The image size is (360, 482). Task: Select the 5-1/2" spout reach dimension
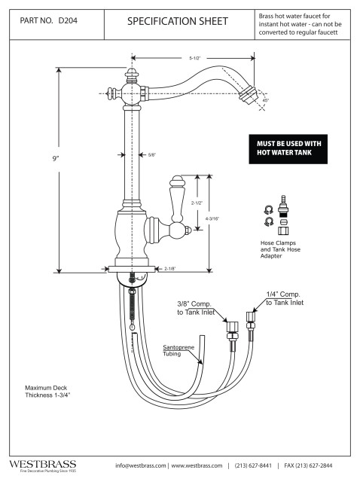tap(194, 57)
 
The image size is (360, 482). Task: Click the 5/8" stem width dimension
tap(151, 155)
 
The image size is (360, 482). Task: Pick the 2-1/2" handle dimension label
tap(197, 203)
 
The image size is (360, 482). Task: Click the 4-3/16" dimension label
tap(212, 218)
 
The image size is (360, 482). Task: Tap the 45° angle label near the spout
tap(265, 99)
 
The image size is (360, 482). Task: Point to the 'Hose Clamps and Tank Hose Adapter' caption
tap(279, 249)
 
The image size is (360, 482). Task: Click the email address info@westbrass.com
tap(141, 465)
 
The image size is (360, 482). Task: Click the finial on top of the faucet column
tap(133, 75)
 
